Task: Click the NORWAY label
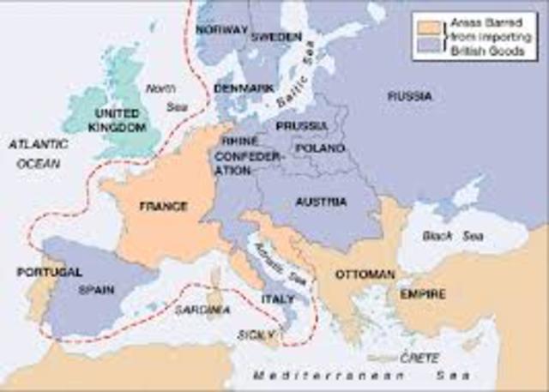pyautogui.click(x=220, y=29)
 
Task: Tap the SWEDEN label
pyautogui.click(x=276, y=37)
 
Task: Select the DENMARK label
pyautogui.click(x=244, y=88)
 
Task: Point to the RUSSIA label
pyautogui.click(x=409, y=96)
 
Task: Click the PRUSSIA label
pyautogui.click(x=301, y=126)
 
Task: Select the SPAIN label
pyautogui.click(x=96, y=290)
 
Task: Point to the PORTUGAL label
pyautogui.click(x=49, y=272)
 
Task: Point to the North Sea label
pyautogui.click(x=160, y=95)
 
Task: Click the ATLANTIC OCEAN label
pyautogui.click(x=38, y=153)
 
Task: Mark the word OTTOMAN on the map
pyautogui.click(x=365, y=274)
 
